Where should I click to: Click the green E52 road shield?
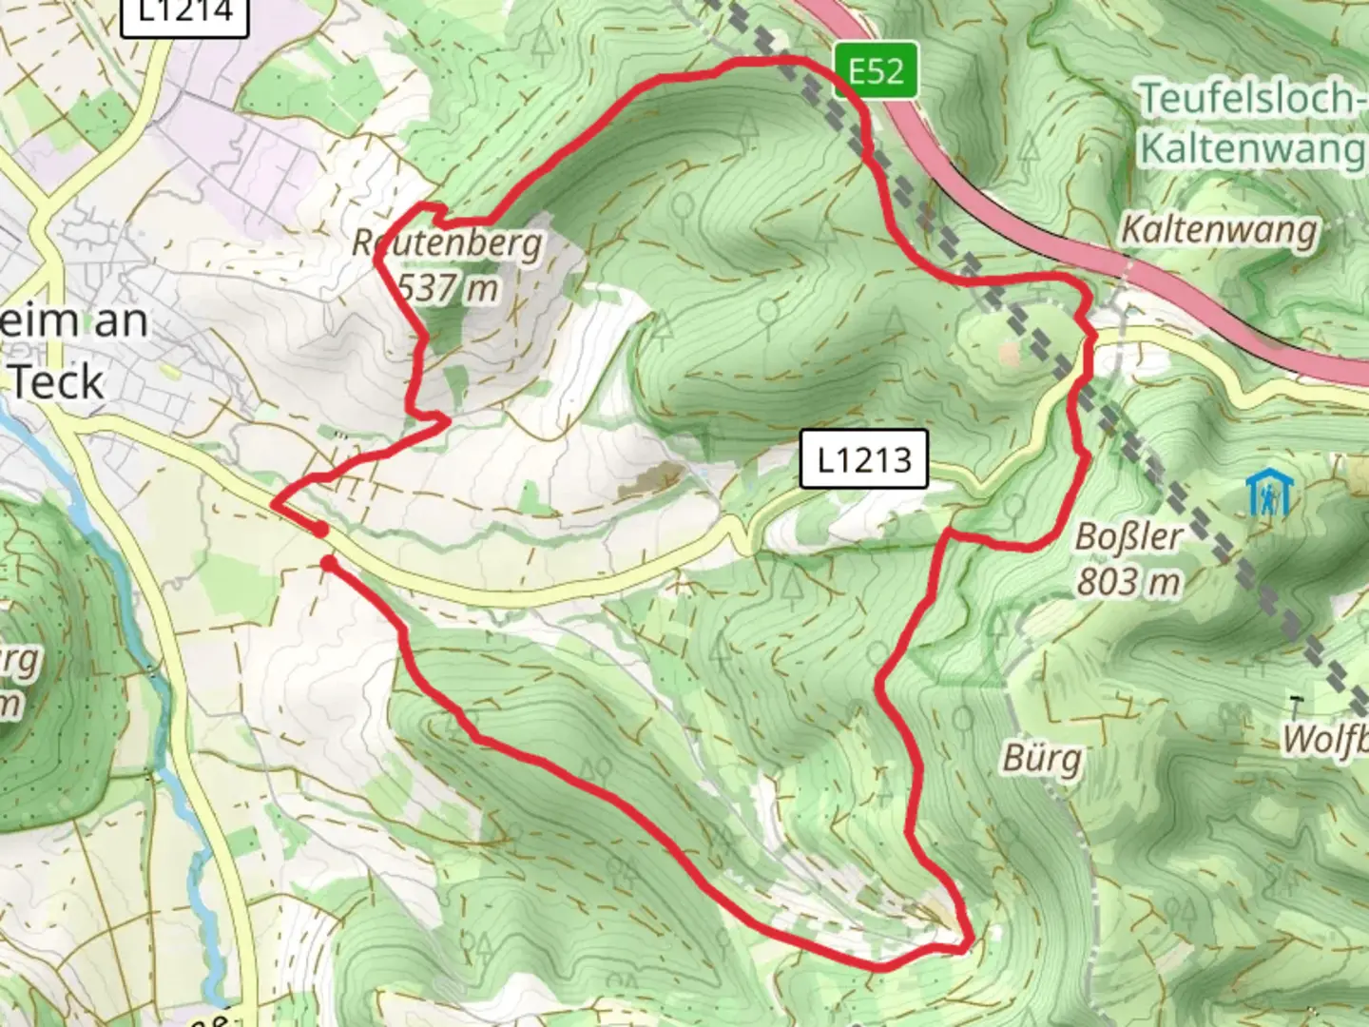[877, 70]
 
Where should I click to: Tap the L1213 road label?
[863, 459]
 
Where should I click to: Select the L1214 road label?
[185, 13]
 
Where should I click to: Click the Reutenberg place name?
[447, 243]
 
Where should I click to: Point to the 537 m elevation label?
[447, 286]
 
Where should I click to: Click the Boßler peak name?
[1129, 537]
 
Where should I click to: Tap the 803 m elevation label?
[1128, 580]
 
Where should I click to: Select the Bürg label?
[1042, 759]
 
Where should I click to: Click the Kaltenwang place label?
[1219, 230]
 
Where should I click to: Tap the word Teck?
[57, 382]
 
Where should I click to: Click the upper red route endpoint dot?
[320, 529]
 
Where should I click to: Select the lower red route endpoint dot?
[328, 565]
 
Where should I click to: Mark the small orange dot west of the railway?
[1009, 353]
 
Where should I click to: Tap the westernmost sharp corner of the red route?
[274, 504]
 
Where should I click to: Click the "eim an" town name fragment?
[74, 321]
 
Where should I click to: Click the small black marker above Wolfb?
[1295, 705]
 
